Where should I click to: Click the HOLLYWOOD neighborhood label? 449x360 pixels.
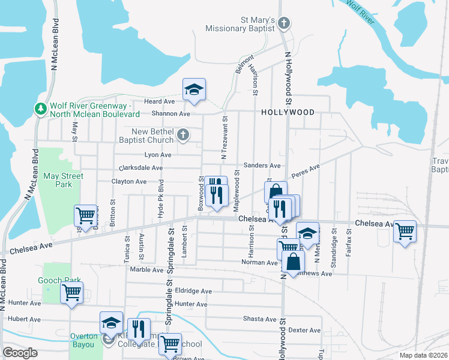[x=288, y=112]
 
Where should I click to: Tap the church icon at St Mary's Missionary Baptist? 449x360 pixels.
[x=285, y=24]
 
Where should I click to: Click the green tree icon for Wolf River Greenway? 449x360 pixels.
[x=41, y=109]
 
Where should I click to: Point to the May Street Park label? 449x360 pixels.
[x=63, y=180]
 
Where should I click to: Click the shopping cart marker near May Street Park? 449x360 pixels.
[x=85, y=214]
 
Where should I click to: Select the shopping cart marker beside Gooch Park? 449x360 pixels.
[x=71, y=293]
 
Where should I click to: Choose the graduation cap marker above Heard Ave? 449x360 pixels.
[x=194, y=89]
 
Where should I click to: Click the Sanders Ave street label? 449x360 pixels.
[x=262, y=166]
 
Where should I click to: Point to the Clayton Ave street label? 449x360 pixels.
[x=128, y=181]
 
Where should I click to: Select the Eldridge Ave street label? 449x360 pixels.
[x=193, y=291]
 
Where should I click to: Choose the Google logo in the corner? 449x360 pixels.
[x=20, y=353]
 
